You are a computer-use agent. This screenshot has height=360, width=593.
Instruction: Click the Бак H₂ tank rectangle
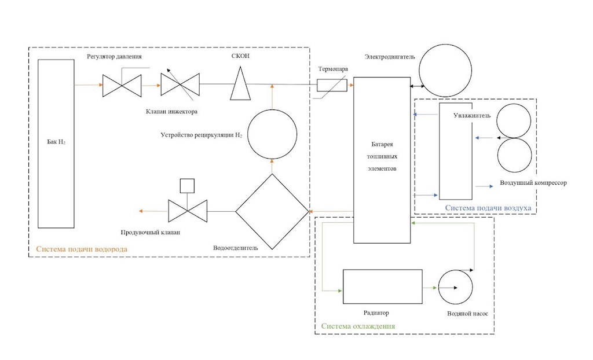[x=56, y=144]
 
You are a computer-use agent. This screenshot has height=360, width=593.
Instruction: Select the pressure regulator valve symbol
[x=122, y=85]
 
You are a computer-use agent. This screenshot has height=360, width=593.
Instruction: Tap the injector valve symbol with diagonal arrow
[x=180, y=85]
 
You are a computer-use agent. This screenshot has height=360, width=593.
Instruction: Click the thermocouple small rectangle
[x=332, y=86]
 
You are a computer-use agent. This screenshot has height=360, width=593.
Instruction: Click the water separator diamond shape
[x=272, y=211]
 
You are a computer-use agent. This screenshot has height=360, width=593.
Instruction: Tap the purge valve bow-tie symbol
[x=186, y=211]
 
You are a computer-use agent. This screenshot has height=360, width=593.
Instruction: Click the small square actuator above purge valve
[x=186, y=185]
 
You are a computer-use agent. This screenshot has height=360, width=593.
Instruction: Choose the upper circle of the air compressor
[x=513, y=120]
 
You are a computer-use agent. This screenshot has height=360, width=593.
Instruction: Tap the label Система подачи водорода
[x=82, y=249]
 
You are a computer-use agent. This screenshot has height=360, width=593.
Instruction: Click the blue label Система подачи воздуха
[x=488, y=207]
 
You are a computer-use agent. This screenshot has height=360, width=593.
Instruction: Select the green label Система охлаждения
[x=358, y=326]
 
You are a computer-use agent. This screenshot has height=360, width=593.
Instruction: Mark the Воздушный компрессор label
[x=533, y=183]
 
